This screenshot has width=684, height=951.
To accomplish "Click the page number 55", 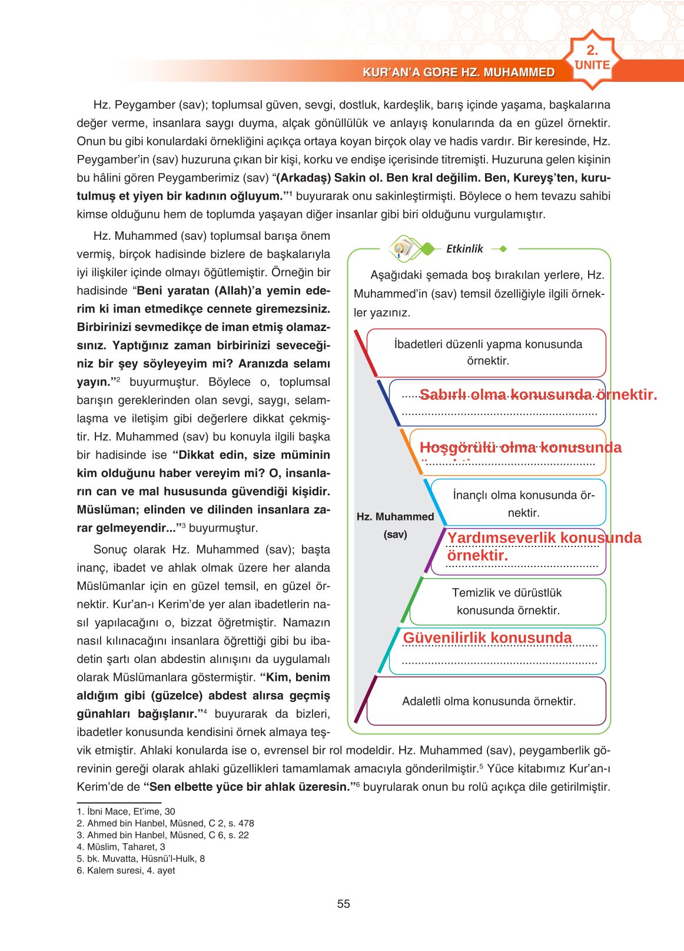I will (344, 904).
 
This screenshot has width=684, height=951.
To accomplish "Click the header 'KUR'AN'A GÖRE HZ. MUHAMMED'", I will (459, 72).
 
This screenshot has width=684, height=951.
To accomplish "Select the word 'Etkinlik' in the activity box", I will (464, 249).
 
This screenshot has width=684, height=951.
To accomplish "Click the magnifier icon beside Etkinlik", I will (403, 248).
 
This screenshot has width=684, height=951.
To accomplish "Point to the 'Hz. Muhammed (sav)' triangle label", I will (395, 525).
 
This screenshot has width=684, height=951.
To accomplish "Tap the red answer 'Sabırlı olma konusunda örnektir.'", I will (538, 395).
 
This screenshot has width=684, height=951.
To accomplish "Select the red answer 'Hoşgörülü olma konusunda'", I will (520, 448).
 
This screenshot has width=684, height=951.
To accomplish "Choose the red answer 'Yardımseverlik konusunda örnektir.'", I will (544, 546).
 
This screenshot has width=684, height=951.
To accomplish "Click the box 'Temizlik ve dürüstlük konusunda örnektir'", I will (507, 601).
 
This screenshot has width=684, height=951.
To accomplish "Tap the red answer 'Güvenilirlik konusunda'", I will (487, 638).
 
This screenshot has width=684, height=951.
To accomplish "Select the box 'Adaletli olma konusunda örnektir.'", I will (489, 701).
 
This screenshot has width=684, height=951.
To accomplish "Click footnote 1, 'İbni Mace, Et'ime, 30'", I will (126, 811).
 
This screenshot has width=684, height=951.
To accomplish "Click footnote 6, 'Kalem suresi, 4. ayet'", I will (126, 870).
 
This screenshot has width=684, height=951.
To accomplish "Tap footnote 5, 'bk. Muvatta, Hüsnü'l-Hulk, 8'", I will (141, 859).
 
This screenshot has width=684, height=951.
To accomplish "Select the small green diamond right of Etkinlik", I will (503, 249).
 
